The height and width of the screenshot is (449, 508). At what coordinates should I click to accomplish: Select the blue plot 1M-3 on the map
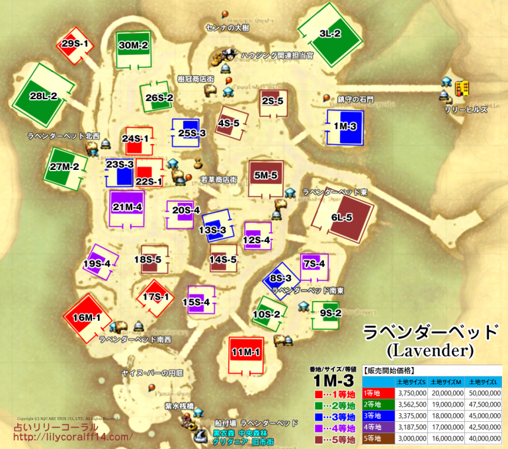click(x=345, y=126)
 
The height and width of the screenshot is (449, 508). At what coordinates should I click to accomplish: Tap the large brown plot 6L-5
click(x=341, y=218)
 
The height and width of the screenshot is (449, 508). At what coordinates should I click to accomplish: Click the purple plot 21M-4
click(x=127, y=207)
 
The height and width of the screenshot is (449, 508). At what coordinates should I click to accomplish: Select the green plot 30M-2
click(x=134, y=46)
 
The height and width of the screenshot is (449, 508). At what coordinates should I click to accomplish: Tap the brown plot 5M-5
click(x=265, y=176)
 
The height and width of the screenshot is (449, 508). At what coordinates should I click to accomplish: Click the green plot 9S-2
click(x=329, y=313)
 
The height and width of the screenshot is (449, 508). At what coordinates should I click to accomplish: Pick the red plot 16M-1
click(x=87, y=317)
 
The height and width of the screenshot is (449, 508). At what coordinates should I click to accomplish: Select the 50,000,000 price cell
click(x=484, y=392)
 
